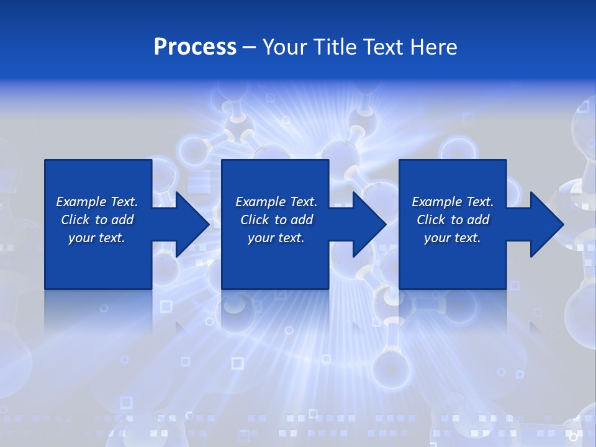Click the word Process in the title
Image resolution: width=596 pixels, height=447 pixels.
click(195, 47)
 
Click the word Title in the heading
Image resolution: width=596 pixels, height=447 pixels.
click(335, 47)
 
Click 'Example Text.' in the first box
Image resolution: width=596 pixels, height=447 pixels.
click(97, 202)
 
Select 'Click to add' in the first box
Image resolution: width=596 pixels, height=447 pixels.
click(97, 220)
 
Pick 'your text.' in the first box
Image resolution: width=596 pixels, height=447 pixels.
click(97, 238)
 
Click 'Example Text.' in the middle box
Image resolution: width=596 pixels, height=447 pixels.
click(276, 202)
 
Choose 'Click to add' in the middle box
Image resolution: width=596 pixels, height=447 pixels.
click(276, 220)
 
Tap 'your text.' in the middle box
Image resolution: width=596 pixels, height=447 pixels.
click(276, 238)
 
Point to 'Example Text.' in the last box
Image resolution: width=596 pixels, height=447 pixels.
click(453, 202)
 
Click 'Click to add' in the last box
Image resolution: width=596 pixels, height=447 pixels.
click(453, 220)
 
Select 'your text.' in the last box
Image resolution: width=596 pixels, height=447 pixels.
click(453, 238)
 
